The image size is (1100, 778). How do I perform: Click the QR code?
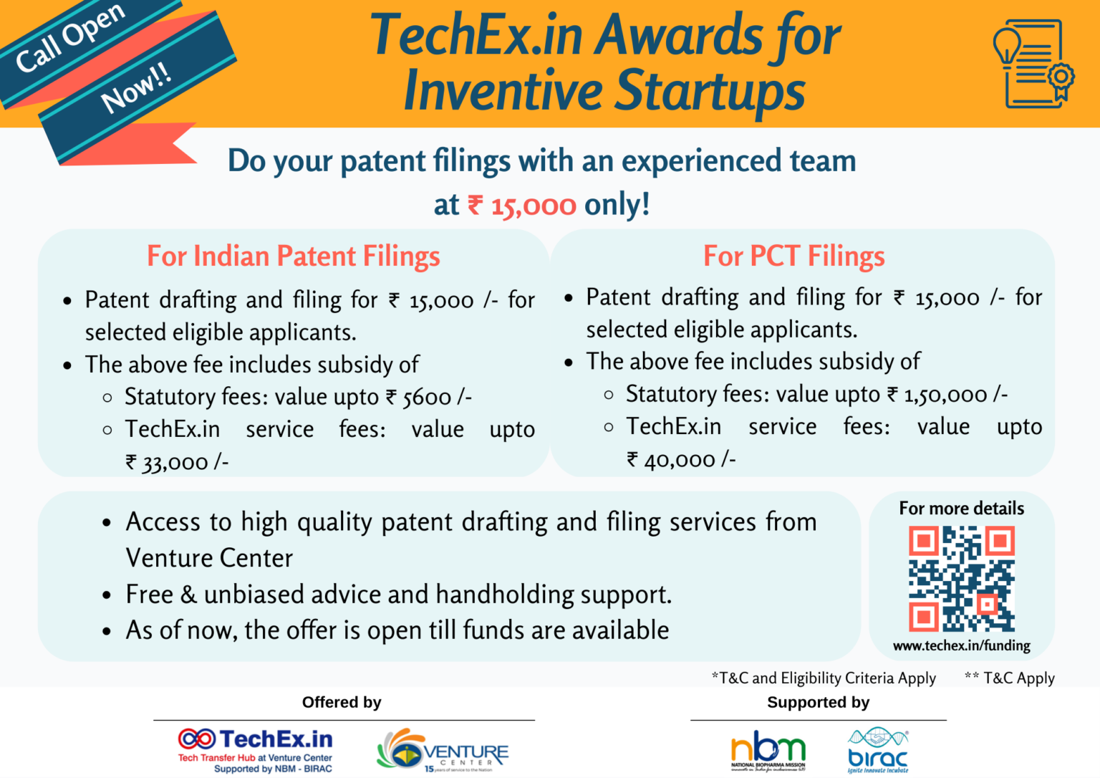click(962, 578)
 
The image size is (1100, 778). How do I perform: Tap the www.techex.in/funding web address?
click(962, 645)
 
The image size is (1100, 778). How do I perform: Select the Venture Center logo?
click(443, 751)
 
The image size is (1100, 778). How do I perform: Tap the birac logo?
click(877, 751)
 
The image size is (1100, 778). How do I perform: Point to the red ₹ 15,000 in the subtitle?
click(522, 206)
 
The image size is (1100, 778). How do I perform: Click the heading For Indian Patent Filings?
click(293, 256)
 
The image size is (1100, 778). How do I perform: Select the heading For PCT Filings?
click(793, 256)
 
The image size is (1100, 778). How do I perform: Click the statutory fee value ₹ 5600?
click(428, 397)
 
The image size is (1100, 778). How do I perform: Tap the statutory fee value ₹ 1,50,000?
click(947, 394)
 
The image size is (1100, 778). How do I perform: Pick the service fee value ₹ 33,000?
click(177, 462)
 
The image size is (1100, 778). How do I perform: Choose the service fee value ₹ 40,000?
click(680, 459)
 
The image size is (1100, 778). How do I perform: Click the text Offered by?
click(342, 702)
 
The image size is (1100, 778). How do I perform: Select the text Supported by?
click(818, 702)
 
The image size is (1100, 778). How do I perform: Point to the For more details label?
click(961, 509)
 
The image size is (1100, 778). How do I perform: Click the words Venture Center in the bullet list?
click(209, 558)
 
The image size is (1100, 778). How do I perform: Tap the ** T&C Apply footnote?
click(1009, 678)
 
